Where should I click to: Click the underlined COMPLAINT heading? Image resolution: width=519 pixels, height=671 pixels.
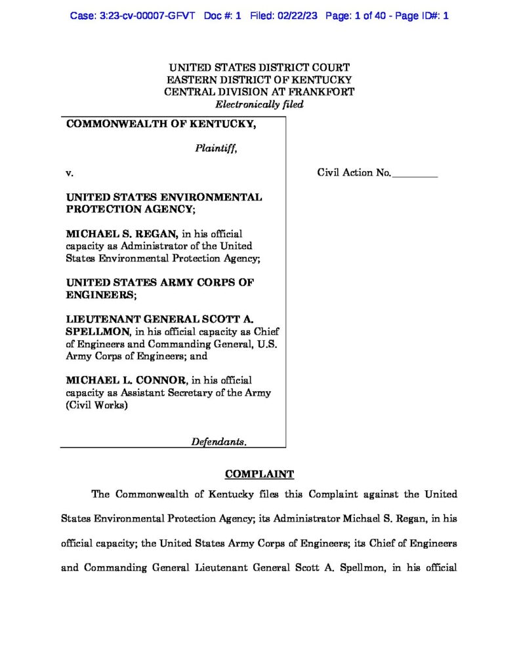259,474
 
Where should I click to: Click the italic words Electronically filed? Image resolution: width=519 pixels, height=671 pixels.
259,104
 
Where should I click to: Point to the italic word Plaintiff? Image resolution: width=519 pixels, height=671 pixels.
215,148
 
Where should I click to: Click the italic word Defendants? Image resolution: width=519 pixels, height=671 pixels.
218,442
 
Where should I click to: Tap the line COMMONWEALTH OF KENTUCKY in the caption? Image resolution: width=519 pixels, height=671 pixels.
161,124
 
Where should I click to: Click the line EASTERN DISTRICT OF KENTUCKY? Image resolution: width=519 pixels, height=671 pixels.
259,79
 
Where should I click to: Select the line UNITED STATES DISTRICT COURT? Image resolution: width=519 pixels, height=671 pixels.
259,67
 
